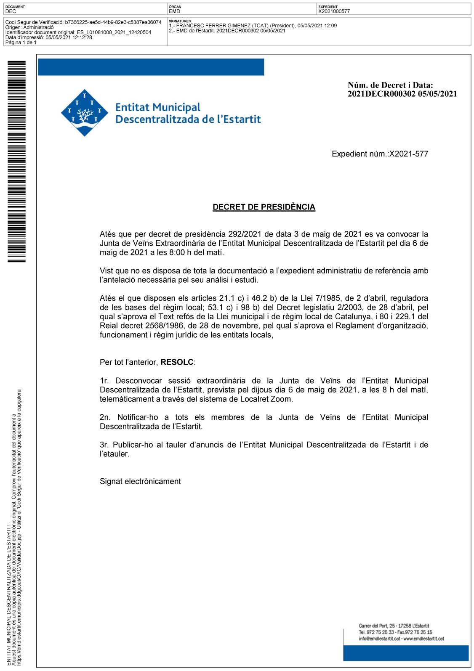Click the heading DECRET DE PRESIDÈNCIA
pyautogui.click(x=264, y=207)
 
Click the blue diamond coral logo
pyautogui.click(x=85, y=113)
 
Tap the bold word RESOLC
pyautogui.click(x=177, y=362)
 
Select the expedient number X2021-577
pyautogui.click(x=409, y=154)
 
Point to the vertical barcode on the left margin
pyautogui.click(x=16, y=162)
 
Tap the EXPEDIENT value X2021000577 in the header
pyautogui.click(x=334, y=11)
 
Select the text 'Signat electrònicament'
pyautogui.click(x=140, y=481)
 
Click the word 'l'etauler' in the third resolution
pyautogui.click(x=114, y=454)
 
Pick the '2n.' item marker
pyautogui.click(x=105, y=417)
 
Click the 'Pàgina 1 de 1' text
pyautogui.click(x=21, y=42)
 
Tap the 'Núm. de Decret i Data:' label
pyautogui.click(x=390, y=85)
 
